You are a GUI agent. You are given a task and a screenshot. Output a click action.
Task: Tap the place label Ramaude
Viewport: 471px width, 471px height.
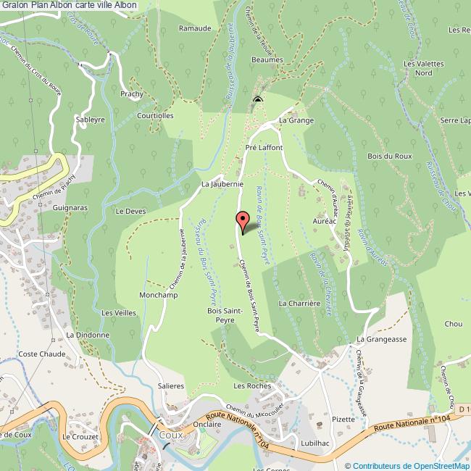[x=196, y=28]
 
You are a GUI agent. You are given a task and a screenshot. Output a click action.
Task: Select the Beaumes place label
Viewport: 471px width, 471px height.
[x=267, y=61]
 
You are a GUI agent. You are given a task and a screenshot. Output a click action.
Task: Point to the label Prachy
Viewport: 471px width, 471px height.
[x=132, y=94]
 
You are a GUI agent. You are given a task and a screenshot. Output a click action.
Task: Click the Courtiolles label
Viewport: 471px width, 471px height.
[x=156, y=115]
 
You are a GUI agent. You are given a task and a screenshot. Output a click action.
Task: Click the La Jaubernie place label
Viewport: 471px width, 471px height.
[x=222, y=184]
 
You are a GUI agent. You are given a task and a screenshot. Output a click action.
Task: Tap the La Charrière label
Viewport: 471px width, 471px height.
[x=299, y=303]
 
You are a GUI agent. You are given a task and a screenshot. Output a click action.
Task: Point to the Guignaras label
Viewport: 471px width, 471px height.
[x=70, y=207]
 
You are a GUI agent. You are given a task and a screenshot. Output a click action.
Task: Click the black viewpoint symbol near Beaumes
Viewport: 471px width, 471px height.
[x=257, y=100]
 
